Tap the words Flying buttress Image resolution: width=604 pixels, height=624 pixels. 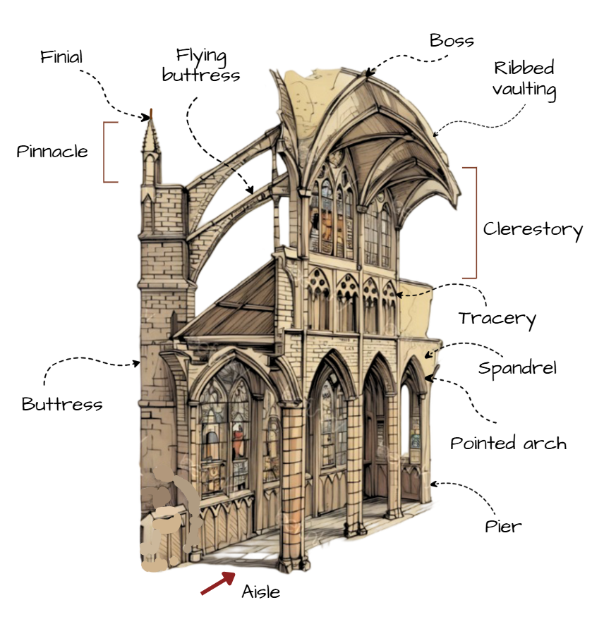tap(201, 65)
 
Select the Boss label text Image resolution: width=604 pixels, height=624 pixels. tap(452, 40)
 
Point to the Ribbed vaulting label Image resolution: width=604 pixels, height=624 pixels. tap(524, 79)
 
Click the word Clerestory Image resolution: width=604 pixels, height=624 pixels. tap(533, 230)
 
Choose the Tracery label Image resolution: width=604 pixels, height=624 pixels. tap(497, 319)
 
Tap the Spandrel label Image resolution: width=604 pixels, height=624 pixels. tap(517, 368)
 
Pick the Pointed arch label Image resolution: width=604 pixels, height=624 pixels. tap(508, 443)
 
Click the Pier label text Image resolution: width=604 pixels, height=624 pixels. tap(503, 526)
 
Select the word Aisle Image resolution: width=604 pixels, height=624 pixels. tap(260, 592)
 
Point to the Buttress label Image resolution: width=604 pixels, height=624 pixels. tap(62, 405)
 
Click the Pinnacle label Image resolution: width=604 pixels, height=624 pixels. tap(52, 152)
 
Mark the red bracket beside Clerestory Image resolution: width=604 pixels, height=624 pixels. tap(474, 223)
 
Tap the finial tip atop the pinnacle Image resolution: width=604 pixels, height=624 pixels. tap(150, 115)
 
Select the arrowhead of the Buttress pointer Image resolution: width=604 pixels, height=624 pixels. tap(138, 364)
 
